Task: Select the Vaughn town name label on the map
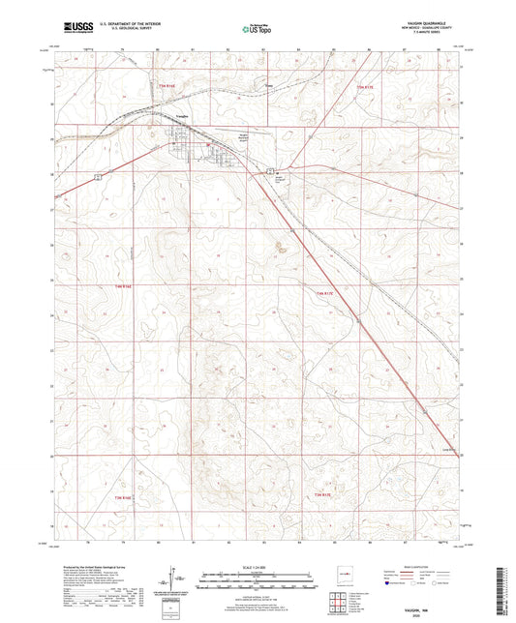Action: tap(181, 129)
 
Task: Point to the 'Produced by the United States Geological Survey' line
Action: tap(73, 567)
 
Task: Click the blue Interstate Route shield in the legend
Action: tap(389, 584)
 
